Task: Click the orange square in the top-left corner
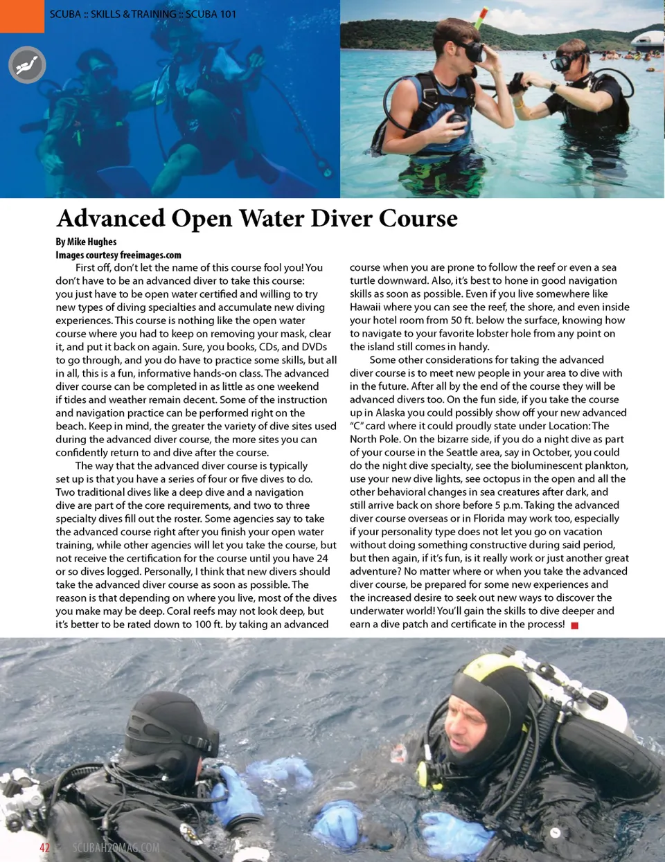pyautogui.click(x=22, y=15)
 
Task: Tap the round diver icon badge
pyautogui.click(x=27, y=66)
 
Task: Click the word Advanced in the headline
pyautogui.click(x=111, y=219)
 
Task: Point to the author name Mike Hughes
pyautogui.click(x=92, y=242)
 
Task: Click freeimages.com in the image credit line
pyautogui.click(x=150, y=255)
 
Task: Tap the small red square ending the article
pyautogui.click(x=574, y=625)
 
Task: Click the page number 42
pyautogui.click(x=44, y=847)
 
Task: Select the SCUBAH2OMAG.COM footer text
pyautogui.click(x=116, y=847)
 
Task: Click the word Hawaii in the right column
pyautogui.click(x=367, y=307)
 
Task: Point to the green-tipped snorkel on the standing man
pyautogui.click(x=478, y=17)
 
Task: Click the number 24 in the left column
pyautogui.click(x=322, y=558)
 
